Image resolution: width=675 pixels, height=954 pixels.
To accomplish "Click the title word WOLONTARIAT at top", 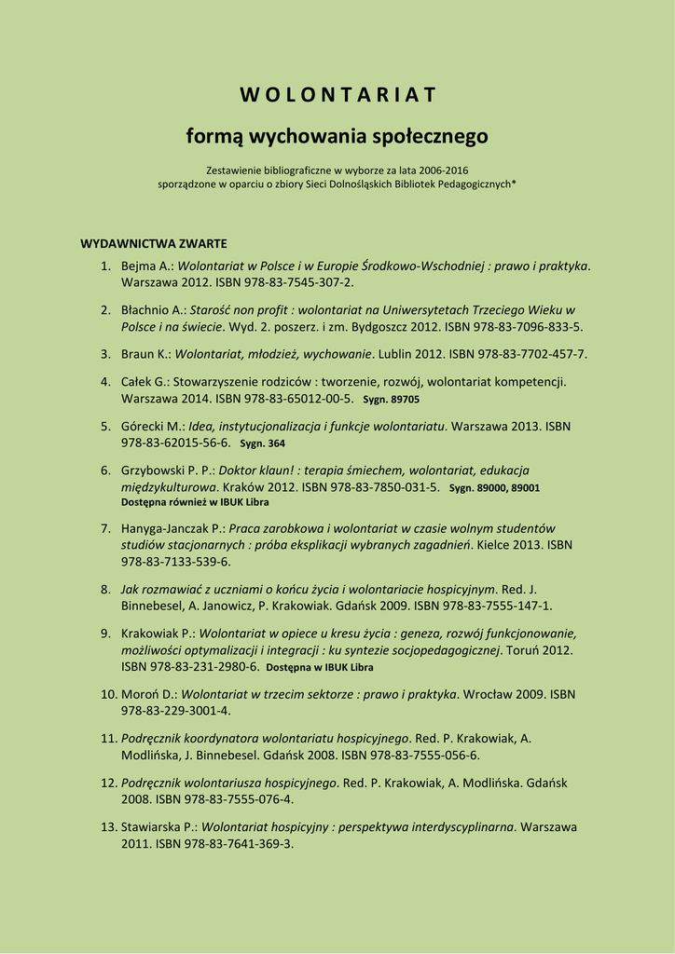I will click(337, 95).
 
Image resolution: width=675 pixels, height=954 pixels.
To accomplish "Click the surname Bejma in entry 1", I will click(139, 266).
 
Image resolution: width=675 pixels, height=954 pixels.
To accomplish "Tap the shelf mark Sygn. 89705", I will click(392, 400).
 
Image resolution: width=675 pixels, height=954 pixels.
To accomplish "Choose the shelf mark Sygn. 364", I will click(262, 444).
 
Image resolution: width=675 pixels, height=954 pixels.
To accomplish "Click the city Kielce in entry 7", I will click(523, 545).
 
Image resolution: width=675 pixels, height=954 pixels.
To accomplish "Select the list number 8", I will click(106, 590).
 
